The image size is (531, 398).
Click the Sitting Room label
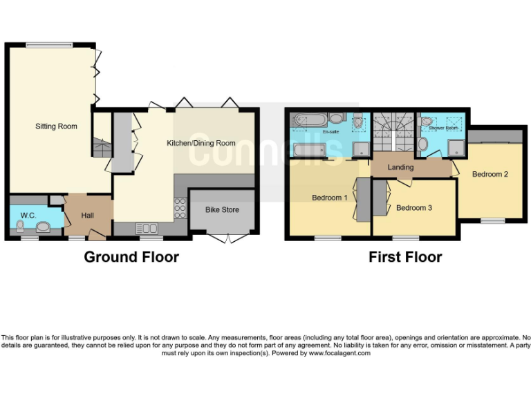point(56,126)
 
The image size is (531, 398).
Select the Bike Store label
point(222,209)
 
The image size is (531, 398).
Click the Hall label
point(87,216)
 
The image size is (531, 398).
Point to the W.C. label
point(28,216)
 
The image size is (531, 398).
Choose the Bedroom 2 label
point(490,174)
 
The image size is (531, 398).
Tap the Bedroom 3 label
point(414,207)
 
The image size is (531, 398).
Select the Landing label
point(400,167)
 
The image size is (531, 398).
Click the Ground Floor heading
point(131,257)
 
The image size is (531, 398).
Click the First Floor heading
point(405,257)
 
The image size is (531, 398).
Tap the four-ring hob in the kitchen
point(180,208)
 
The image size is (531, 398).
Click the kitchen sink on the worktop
point(148,227)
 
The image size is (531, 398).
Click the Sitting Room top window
point(50,45)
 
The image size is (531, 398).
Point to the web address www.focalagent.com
point(339,353)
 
